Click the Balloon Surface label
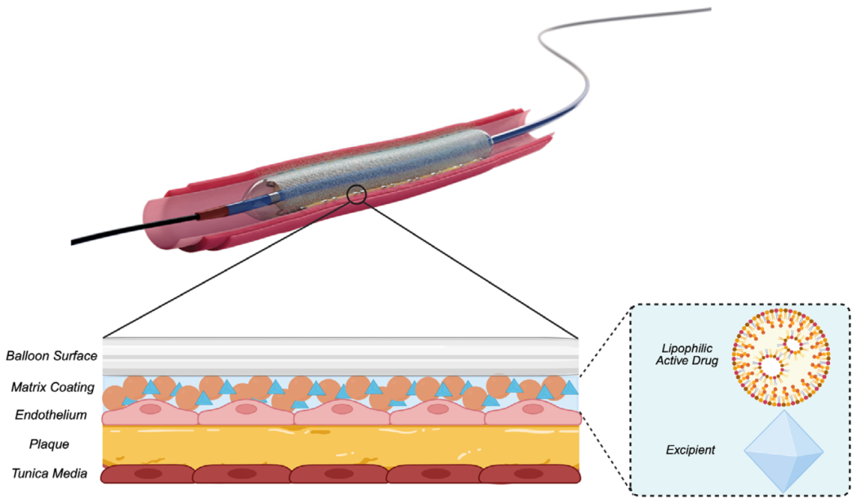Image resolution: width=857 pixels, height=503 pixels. (x=52, y=356)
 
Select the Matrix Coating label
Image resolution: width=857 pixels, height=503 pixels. (x=52, y=387)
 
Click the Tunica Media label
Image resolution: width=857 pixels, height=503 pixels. (x=50, y=474)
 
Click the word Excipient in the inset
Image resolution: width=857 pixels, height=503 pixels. (x=690, y=450)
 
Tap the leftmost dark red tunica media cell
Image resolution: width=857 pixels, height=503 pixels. (x=148, y=474)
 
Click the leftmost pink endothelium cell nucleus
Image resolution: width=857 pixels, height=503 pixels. (x=151, y=410)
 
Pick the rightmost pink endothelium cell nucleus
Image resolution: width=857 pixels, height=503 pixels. (x=532, y=410)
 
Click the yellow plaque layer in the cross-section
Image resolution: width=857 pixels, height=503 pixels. (x=341, y=444)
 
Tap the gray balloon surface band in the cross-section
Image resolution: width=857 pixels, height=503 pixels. (x=341, y=355)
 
